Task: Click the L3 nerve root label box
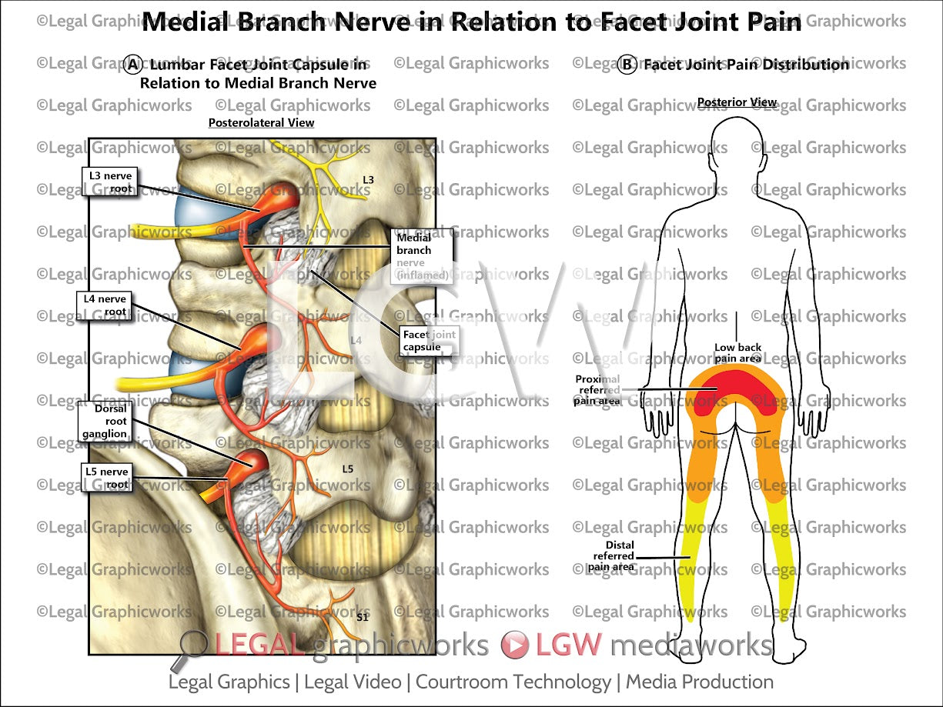click(x=110, y=182)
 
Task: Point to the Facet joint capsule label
click(x=428, y=341)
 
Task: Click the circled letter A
click(x=132, y=65)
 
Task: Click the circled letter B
click(x=627, y=65)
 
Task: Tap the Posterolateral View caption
click(x=261, y=122)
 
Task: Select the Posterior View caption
click(x=737, y=102)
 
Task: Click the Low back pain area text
click(x=737, y=353)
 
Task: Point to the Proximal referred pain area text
click(x=597, y=389)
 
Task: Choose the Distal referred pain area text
click(x=613, y=555)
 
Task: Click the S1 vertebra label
click(x=363, y=616)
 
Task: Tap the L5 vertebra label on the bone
click(x=347, y=468)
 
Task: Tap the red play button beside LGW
click(x=514, y=645)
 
